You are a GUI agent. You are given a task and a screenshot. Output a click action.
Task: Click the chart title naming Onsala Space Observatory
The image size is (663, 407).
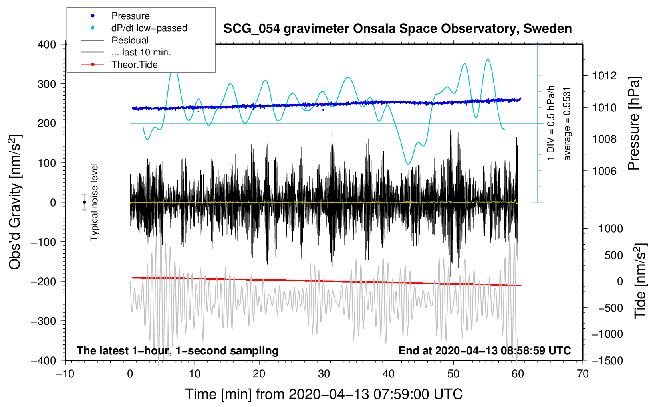point(397,29)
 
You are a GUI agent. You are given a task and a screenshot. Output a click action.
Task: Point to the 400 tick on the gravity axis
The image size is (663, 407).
point(47,45)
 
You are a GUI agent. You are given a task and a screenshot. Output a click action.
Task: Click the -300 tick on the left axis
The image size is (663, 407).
point(44,321)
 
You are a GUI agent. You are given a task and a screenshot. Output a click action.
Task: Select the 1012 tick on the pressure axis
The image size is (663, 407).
point(605,76)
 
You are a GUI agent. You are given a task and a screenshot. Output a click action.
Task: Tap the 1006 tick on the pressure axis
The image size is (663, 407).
point(605,171)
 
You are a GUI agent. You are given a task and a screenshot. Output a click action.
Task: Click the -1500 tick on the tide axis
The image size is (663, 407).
point(607,360)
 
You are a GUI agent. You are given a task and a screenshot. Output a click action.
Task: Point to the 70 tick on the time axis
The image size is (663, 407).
point(583,374)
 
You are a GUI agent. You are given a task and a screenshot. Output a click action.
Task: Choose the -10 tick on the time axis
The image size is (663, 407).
point(65,374)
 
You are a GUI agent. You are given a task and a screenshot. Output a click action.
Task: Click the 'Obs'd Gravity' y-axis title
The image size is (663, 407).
point(15,202)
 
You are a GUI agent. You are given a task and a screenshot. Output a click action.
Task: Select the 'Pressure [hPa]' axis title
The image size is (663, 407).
point(634,124)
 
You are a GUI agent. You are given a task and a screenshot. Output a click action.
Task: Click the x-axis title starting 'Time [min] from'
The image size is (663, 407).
point(324,394)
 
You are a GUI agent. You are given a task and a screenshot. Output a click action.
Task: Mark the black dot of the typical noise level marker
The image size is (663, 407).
point(85,202)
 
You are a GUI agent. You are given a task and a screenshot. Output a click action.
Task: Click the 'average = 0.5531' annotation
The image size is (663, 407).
point(567,124)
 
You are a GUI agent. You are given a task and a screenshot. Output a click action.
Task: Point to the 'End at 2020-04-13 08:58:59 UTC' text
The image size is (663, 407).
point(484,351)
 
